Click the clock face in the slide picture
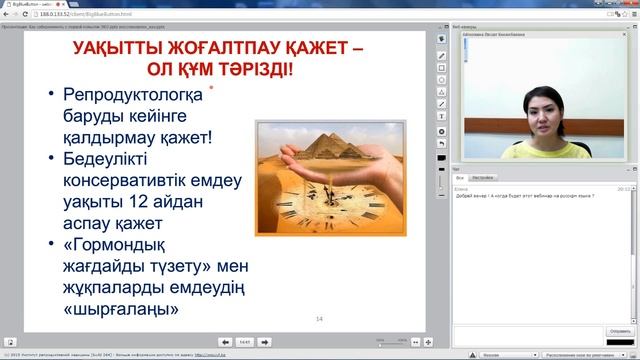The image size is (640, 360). [330, 205]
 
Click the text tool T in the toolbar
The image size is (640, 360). [442, 116]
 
